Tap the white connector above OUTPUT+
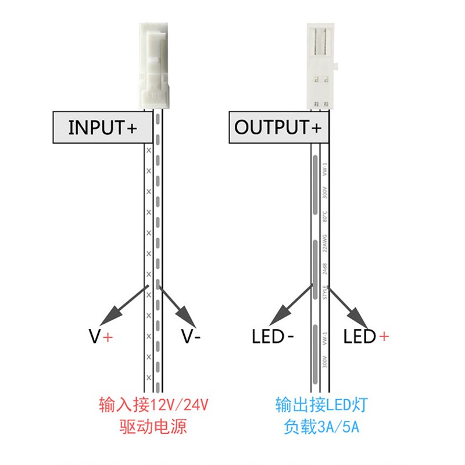[x=319, y=65]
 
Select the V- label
[x=191, y=336]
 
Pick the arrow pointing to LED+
[x=349, y=306]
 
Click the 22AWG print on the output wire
[x=325, y=242]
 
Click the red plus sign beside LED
[x=384, y=336]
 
